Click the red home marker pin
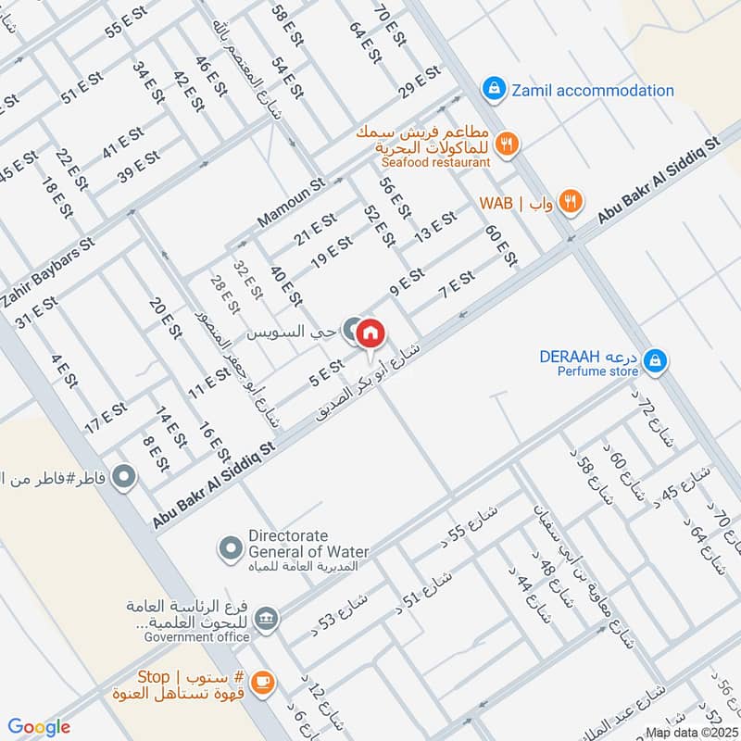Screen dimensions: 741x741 pyautogui.click(x=370, y=333)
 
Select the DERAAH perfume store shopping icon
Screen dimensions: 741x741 pyautogui.click(x=655, y=360)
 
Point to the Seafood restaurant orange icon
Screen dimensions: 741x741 pyautogui.click(x=506, y=144)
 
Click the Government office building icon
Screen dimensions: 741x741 pyautogui.click(x=267, y=618)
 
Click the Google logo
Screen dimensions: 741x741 pyautogui.click(x=39, y=727)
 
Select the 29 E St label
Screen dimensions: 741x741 pyautogui.click(x=420, y=82)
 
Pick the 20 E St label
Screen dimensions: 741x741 pyautogui.click(x=160, y=319)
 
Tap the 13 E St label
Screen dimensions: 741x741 pyautogui.click(x=435, y=225)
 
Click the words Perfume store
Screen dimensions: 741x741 pyautogui.click(x=597, y=371)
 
